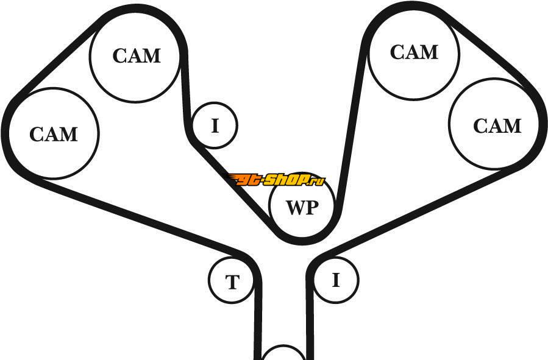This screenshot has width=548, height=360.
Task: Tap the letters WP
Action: point(302,207)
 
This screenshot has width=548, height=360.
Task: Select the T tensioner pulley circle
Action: point(232,281)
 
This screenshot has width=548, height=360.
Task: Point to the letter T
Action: point(232,283)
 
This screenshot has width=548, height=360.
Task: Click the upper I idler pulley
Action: point(215,125)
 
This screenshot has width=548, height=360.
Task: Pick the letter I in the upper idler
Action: point(215,126)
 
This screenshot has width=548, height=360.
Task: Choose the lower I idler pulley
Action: point(336,280)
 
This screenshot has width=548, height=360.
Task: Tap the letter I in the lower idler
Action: point(336,280)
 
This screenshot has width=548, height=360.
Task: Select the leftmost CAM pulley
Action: point(54,133)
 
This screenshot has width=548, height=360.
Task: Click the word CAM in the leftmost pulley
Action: point(54,134)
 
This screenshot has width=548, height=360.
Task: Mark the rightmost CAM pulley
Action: point(494,124)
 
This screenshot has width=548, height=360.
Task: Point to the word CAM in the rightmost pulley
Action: point(497,126)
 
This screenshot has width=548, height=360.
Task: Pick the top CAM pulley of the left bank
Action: point(136,55)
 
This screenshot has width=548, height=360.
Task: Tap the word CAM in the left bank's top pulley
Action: point(137,56)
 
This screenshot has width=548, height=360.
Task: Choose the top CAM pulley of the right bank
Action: point(414,52)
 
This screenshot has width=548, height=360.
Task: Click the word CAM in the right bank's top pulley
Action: point(414,52)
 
